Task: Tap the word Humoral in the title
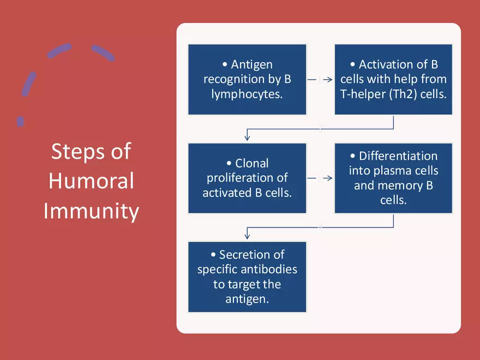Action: coord(91,181)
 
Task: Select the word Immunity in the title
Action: coord(91,211)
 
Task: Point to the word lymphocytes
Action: coord(247,93)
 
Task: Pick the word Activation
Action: coord(386,64)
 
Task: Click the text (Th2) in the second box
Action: coord(401,93)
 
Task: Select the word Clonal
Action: coord(252,163)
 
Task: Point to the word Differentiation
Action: coord(398,156)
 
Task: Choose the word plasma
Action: coord(392,171)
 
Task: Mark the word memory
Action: coord(405,185)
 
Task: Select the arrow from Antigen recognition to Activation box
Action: coord(320,80)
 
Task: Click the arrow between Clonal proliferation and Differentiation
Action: coord(320,178)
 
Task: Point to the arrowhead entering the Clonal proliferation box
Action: coord(248,137)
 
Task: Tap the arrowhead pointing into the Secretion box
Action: coord(248,236)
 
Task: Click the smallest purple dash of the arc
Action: coord(21,121)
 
